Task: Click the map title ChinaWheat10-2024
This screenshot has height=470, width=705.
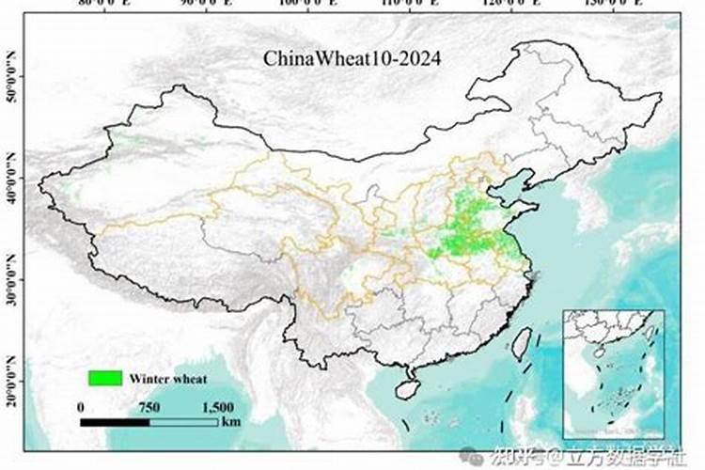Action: pos(352,58)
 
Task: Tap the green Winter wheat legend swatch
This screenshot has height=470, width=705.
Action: pos(105,378)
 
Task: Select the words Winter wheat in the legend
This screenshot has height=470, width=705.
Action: pos(166,379)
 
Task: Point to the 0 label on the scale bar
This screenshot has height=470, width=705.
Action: pos(82,407)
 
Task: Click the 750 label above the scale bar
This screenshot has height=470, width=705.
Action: pos(149,407)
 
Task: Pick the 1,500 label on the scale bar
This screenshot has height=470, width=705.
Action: pos(217,407)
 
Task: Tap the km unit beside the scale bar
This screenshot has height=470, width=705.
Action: pos(231,422)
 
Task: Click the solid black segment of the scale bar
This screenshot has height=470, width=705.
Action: pos(115,422)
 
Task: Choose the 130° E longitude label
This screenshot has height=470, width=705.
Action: pos(610,5)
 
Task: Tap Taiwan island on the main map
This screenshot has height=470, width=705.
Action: pos(523,345)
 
